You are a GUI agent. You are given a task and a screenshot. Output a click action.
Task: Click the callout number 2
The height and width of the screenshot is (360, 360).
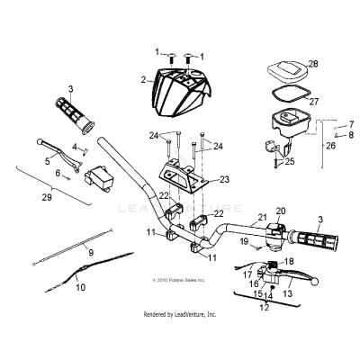point(143,80)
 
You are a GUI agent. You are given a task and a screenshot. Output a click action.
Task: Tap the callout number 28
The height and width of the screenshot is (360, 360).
point(313,64)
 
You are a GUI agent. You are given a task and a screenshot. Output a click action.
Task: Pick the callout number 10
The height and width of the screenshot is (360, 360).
point(80,289)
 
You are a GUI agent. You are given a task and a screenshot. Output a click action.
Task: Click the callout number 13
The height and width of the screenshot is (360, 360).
point(290,292)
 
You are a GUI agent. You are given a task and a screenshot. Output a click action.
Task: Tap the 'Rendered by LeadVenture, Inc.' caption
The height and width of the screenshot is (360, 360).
point(180,315)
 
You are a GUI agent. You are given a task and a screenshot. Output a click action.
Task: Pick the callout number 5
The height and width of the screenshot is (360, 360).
point(48,163)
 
